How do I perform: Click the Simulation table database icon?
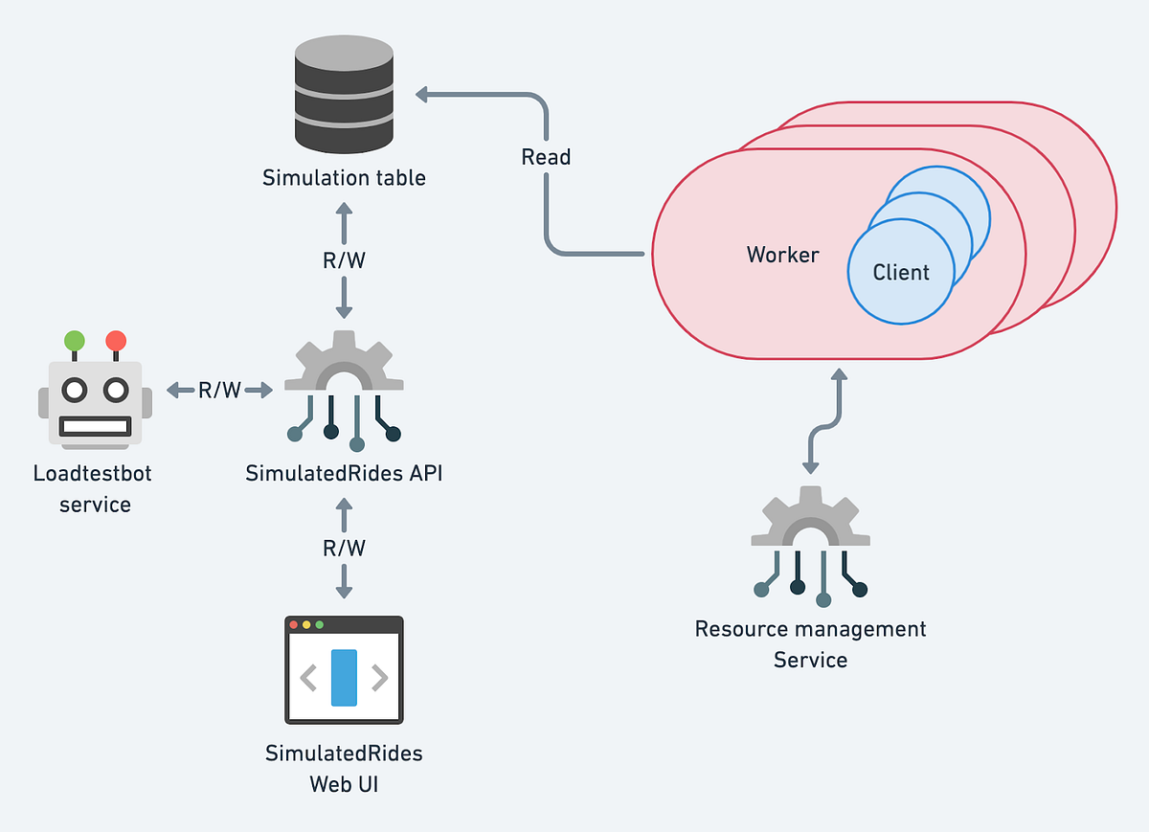(x=344, y=95)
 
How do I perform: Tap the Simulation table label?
(x=344, y=178)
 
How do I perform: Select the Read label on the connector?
(x=546, y=157)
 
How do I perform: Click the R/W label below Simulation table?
(x=344, y=260)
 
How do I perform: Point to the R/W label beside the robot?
(x=219, y=391)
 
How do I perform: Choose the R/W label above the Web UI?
(x=344, y=548)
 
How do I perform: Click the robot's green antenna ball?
(x=75, y=341)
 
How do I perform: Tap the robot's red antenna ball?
(x=116, y=341)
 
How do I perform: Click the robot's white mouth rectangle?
(x=95, y=426)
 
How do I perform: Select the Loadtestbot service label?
(x=93, y=489)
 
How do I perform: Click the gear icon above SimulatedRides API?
(x=344, y=391)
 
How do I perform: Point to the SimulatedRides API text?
(x=344, y=473)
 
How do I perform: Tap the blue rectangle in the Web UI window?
(x=344, y=678)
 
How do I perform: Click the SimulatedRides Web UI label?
(x=344, y=769)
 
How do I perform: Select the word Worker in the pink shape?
(x=783, y=255)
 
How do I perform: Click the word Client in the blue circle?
(x=901, y=272)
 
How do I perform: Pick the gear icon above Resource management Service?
(x=810, y=547)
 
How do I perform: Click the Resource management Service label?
(x=810, y=644)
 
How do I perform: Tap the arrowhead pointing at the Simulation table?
(x=421, y=95)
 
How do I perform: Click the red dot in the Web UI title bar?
(x=293, y=625)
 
